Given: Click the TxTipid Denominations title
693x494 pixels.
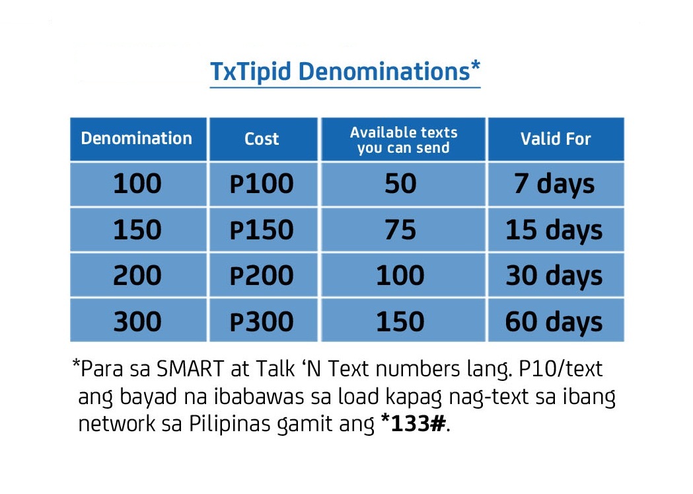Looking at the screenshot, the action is coord(345,71).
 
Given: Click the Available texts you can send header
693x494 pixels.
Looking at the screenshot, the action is coord(404,140).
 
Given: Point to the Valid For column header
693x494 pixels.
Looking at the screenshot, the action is coord(556,139).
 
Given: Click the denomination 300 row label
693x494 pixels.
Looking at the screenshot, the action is coord(137,321).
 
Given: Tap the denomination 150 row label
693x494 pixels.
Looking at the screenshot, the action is coord(137,230).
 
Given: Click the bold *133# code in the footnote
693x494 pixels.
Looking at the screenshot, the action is coord(413,423).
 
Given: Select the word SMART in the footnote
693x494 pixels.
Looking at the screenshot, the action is coord(190,369).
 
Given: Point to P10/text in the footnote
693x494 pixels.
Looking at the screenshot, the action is coord(560,369).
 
